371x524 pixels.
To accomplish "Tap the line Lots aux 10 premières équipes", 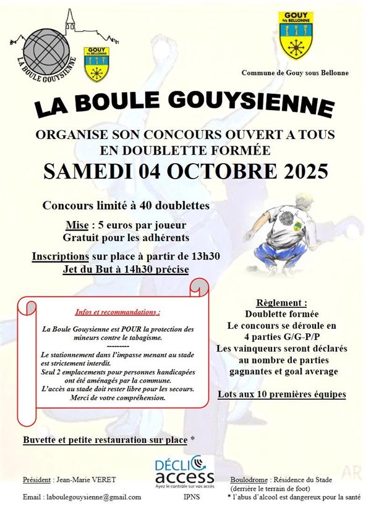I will [x=282, y=394].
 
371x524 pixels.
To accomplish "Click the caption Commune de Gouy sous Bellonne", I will [x=295, y=73].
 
